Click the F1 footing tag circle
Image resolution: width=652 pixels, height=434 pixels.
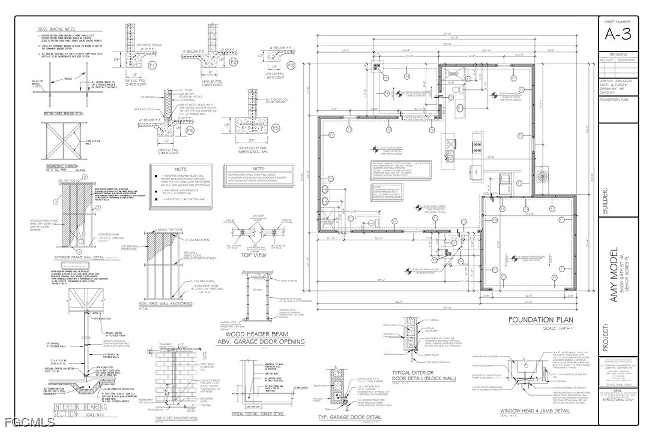tap(152, 64)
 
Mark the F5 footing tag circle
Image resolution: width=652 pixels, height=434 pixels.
tap(276, 128)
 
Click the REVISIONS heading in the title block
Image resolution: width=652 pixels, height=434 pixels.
tap(618, 54)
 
